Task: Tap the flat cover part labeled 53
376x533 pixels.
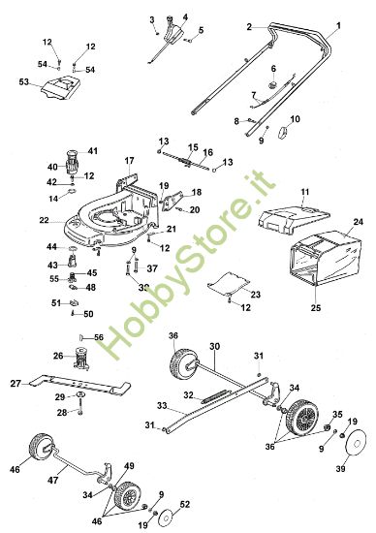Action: pyautogui.click(x=59, y=92)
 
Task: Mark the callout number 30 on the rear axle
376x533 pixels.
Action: pyautogui.click(x=214, y=346)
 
